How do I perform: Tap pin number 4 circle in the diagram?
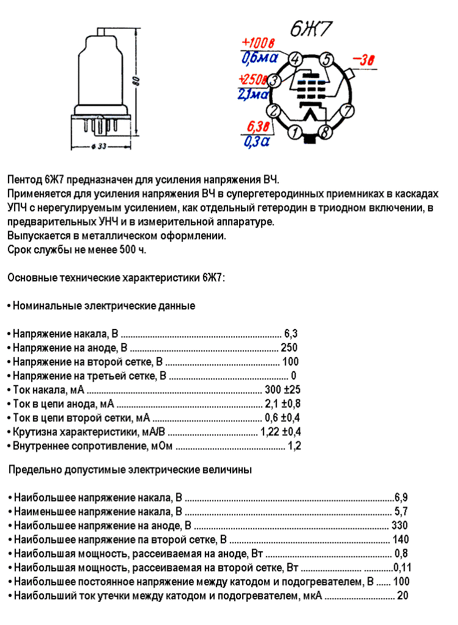(x=295, y=59)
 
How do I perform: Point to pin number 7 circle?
(x=347, y=111)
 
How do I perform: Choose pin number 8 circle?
(x=325, y=131)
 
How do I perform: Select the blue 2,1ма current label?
(x=253, y=94)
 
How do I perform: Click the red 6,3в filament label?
(x=257, y=128)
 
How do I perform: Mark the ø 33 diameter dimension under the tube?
(x=99, y=147)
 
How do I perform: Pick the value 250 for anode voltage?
(x=289, y=348)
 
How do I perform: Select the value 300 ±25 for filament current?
(x=283, y=390)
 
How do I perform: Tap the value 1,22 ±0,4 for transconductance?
(x=281, y=432)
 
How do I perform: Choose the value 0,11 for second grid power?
(x=402, y=568)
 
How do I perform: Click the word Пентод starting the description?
(x=24, y=180)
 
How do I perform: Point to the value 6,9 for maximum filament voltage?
(x=401, y=497)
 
